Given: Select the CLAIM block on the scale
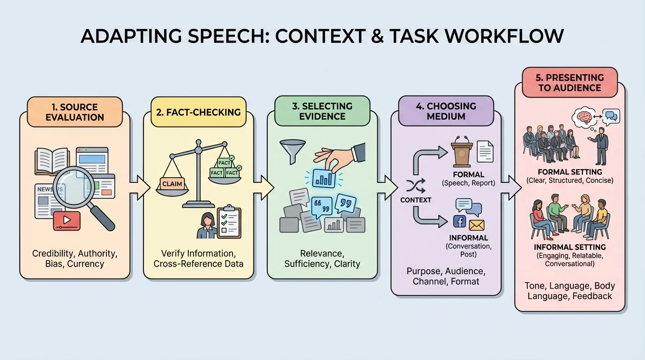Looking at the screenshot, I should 172,184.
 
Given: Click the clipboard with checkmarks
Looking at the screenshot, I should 229,221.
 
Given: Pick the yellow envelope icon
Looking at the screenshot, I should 476,225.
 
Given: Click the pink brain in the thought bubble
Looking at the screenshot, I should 586,117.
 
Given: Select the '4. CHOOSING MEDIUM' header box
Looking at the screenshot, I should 445,111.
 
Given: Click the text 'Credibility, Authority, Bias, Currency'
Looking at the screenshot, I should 75,258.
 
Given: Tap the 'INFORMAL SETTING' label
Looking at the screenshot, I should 570,247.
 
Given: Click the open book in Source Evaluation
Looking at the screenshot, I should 52,161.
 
